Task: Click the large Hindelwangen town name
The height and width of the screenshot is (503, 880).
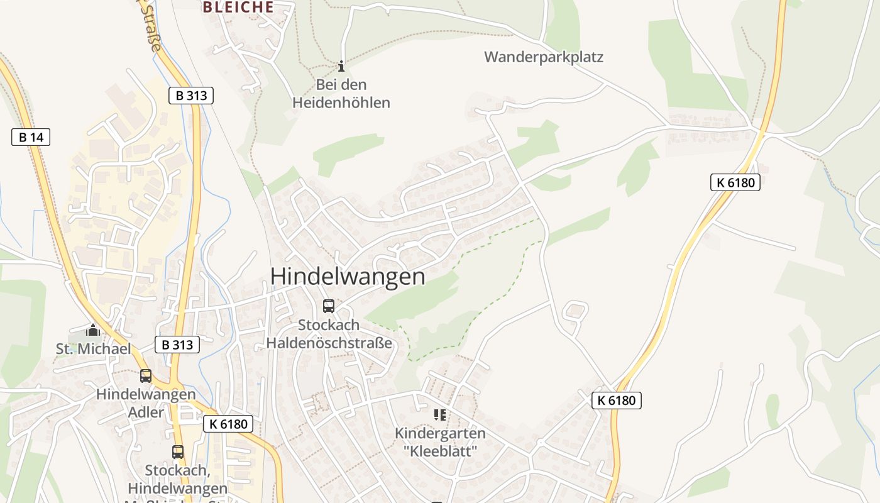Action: (348, 277)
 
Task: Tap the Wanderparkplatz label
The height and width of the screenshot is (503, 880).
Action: (544, 57)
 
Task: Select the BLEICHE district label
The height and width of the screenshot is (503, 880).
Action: (238, 8)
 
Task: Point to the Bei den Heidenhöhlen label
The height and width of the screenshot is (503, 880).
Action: (341, 94)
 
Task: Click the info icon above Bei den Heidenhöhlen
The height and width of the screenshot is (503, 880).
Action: (341, 66)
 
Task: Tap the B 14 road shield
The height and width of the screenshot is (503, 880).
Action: (31, 137)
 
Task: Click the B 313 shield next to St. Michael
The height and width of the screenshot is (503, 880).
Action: (177, 345)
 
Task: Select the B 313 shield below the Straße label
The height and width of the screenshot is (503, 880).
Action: (191, 96)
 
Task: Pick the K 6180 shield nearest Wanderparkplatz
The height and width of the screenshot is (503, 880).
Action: (735, 183)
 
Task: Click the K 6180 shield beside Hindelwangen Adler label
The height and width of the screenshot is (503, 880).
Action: (228, 424)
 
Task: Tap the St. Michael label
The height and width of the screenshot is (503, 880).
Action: (94, 349)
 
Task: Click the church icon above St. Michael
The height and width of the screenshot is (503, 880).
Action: (93, 330)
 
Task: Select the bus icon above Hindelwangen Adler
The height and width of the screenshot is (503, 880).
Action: (146, 376)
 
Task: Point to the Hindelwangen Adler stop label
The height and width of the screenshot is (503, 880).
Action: (146, 404)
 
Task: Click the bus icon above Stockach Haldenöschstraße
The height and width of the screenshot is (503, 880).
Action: (329, 306)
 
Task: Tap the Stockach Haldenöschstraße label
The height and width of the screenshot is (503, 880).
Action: (329, 334)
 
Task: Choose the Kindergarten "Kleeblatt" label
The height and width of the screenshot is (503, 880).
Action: (440, 442)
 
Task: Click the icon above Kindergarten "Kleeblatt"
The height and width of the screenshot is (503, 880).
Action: (440, 414)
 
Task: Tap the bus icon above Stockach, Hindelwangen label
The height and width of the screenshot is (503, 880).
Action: (178, 451)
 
